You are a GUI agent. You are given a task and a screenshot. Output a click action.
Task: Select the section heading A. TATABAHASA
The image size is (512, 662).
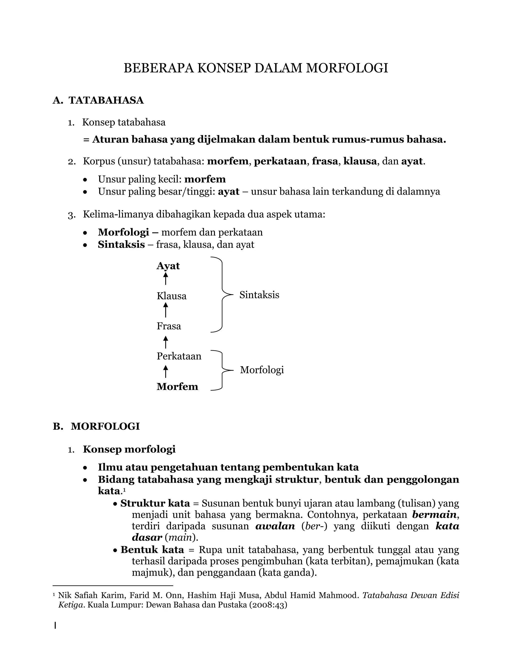click(x=98, y=100)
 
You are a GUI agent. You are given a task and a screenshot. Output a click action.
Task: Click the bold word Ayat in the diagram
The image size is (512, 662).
click(x=168, y=266)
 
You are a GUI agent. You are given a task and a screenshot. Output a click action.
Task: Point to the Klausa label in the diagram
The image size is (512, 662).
click(x=171, y=296)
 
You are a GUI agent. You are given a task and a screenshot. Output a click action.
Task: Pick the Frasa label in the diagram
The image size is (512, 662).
click(x=169, y=326)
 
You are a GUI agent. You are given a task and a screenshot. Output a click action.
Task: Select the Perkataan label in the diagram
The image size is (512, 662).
click(x=179, y=356)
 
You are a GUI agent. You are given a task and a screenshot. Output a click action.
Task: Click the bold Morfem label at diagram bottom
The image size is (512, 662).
click(x=177, y=386)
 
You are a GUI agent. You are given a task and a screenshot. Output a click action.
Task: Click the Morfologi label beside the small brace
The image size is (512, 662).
click(x=262, y=370)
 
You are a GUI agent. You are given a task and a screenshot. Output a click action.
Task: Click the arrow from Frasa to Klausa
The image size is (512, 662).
click(x=165, y=310)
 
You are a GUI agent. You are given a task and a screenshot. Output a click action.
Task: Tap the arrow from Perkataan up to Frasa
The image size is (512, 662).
click(x=165, y=342)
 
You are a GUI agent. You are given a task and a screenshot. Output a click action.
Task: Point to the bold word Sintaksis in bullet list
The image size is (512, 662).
click(x=121, y=245)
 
